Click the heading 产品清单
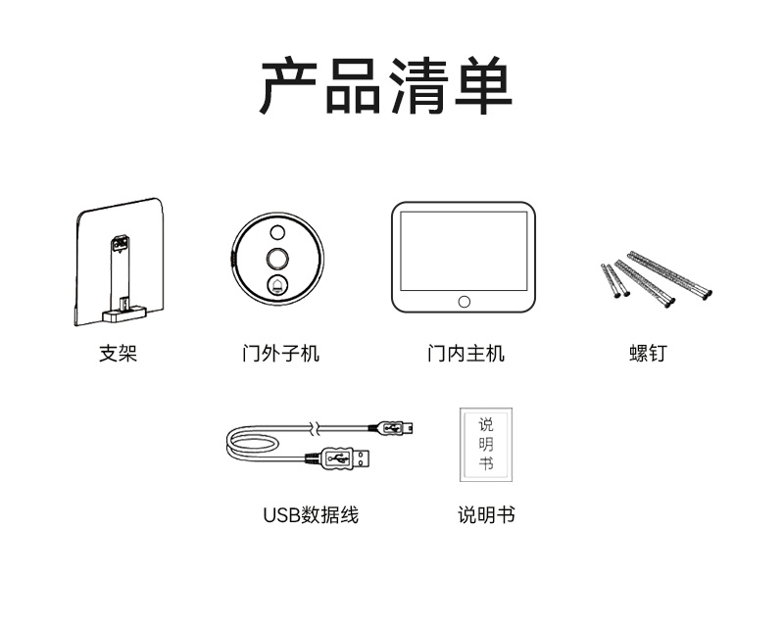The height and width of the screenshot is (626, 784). point(386,85)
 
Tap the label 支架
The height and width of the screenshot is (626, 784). point(118,354)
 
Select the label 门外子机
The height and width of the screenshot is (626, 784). point(280,354)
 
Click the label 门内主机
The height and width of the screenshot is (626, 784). point(466,354)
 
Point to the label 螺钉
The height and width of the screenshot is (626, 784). point(648,354)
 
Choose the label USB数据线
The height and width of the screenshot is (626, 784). point(311,515)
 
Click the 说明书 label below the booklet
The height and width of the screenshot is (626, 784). point(486,515)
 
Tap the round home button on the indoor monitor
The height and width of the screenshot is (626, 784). point(464,302)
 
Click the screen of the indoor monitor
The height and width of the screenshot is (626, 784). point(464,251)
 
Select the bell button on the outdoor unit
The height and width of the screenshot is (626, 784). point(277,286)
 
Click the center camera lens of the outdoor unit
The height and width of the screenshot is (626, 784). point(277,259)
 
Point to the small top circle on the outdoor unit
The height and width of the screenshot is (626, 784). point(277,232)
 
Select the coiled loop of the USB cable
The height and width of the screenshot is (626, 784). point(250,445)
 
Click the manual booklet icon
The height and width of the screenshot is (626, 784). point(486,445)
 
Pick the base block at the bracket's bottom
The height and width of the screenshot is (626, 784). point(124,315)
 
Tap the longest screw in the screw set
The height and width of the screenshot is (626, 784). point(670,275)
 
